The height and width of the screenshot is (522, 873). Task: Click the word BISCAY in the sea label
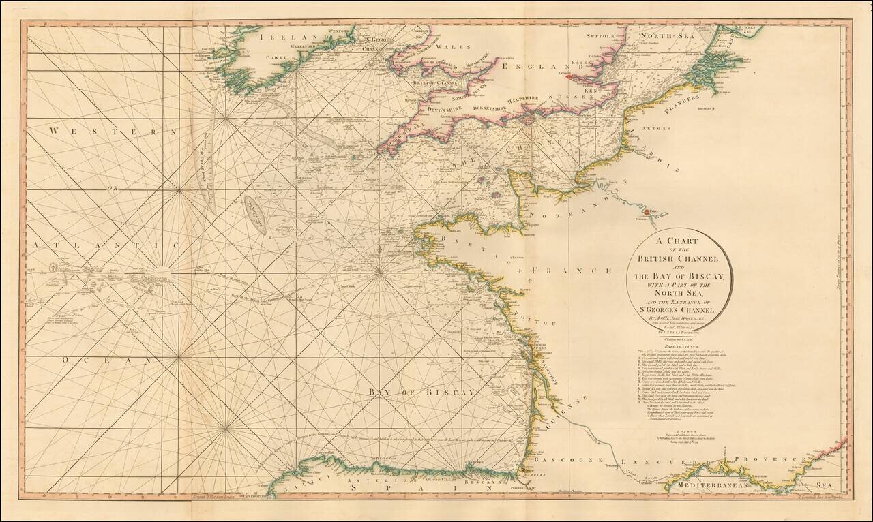coord(447,393)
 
